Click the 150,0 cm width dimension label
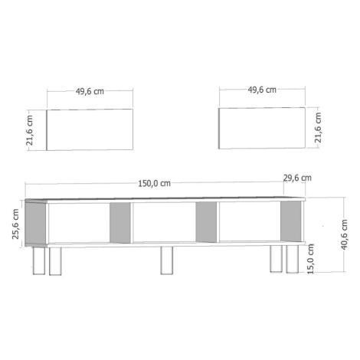[154, 183]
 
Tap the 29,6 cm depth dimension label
[297, 178]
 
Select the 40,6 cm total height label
[344, 234]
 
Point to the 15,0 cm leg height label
[310, 259]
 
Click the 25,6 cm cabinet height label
[15, 224]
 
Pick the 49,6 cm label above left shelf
[90, 91]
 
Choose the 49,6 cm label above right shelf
[262, 90]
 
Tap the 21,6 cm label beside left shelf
[30, 130]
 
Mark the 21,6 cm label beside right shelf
[318, 127]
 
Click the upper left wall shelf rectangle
[90, 129]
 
